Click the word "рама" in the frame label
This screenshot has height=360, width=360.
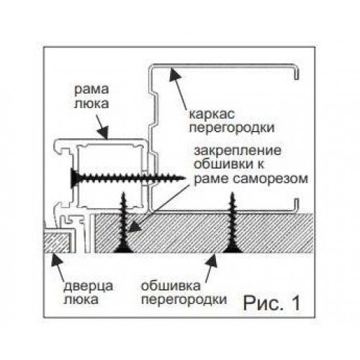coord(91,90)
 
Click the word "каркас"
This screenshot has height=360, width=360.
coord(212,114)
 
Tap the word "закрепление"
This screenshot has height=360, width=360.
coord(238,151)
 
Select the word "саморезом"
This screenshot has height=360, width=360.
coord(271,179)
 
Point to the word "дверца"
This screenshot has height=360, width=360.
coord(88,287)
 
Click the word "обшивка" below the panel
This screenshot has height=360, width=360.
coord(171,286)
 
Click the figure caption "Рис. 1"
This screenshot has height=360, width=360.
coord(271,303)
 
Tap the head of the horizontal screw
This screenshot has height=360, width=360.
coord(74,178)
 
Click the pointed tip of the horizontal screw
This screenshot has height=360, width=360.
coord(185,179)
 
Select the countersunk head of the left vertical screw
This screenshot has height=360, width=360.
coord(123,250)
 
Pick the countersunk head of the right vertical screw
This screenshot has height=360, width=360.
coord(233,250)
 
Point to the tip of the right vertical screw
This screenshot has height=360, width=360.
coord(233,193)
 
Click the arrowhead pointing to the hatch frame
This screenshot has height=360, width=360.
coord(104,132)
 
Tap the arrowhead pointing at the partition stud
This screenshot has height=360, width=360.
coord(174,74)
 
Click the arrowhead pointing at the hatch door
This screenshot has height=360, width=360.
coord(56,260)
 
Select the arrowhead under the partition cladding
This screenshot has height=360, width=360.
coord(212,261)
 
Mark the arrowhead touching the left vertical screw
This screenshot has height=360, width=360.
coord(133,227)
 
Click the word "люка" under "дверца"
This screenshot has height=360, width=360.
coord(81,300)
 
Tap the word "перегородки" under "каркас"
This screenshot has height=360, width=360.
coord(232,128)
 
